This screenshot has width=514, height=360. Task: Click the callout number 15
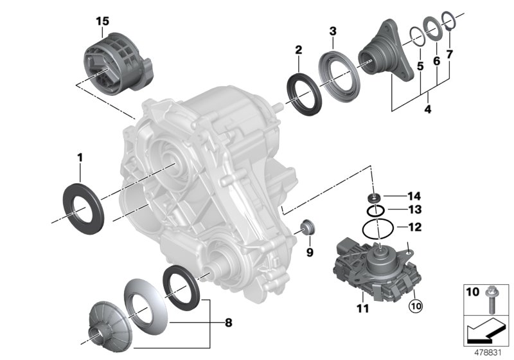point(102,22)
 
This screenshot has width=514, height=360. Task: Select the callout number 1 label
point(80,157)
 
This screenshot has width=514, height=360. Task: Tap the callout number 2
point(299,50)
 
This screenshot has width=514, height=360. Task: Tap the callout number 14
point(414,195)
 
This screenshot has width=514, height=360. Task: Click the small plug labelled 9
point(309,227)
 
